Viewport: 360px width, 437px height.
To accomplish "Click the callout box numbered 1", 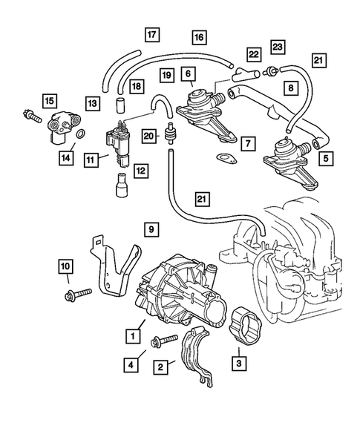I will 134,336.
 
